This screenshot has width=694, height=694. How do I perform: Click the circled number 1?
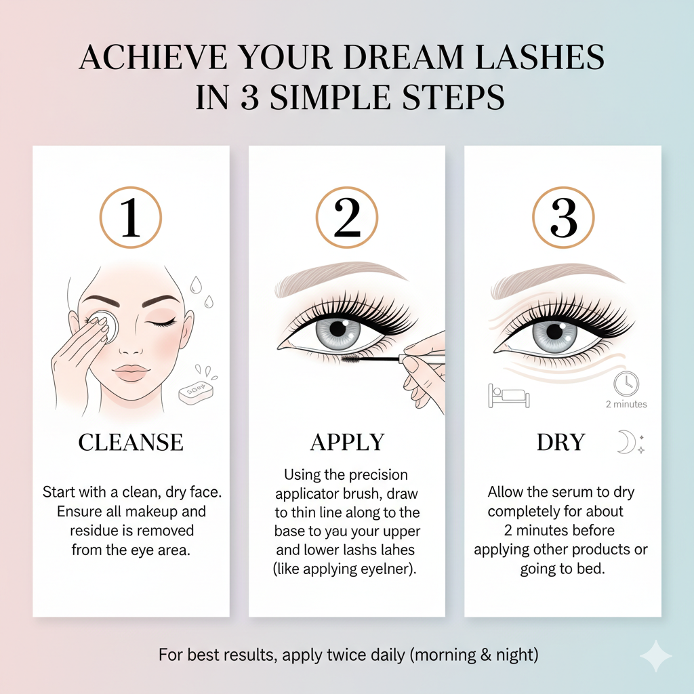(131, 218)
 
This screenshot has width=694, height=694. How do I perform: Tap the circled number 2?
(347, 218)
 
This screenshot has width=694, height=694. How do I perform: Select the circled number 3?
(563, 218)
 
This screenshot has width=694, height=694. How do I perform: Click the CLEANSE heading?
(131, 442)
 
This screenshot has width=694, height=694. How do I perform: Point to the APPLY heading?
(348, 442)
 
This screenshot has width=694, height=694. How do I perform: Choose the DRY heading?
(560, 442)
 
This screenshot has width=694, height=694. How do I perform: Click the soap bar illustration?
(196, 392)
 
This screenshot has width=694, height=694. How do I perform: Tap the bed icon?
(508, 395)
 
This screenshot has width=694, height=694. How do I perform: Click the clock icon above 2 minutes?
(626, 384)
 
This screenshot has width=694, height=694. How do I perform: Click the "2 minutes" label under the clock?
(626, 404)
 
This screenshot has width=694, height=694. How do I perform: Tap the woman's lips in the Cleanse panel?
(131, 373)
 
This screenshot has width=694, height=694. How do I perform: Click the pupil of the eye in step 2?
(339, 329)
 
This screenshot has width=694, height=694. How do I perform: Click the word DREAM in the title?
(403, 57)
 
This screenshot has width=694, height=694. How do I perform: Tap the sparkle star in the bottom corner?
(656, 656)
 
